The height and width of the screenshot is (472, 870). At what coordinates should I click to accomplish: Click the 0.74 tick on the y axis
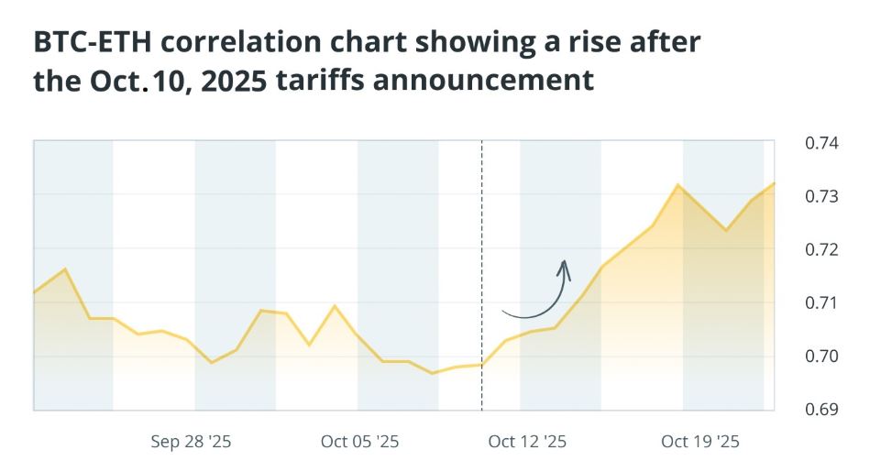(821, 143)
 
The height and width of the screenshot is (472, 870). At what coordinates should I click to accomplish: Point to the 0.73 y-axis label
(821, 196)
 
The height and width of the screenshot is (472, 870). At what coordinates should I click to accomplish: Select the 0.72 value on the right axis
(821, 249)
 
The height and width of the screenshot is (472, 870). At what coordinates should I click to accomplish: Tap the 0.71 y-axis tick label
(821, 302)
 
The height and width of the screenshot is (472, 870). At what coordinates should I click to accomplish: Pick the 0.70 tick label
(821, 356)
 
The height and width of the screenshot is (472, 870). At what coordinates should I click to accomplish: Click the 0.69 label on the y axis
(821, 409)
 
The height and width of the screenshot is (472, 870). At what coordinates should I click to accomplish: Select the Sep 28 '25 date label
(191, 442)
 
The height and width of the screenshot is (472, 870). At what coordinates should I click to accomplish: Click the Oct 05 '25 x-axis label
(359, 442)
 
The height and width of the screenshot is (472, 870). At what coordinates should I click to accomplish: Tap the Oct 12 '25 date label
(527, 442)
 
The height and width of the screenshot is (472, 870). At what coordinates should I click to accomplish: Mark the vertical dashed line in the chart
(482, 275)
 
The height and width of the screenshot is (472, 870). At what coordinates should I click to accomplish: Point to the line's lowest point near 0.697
(433, 373)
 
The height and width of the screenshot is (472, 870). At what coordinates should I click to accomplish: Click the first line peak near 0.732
(678, 185)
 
